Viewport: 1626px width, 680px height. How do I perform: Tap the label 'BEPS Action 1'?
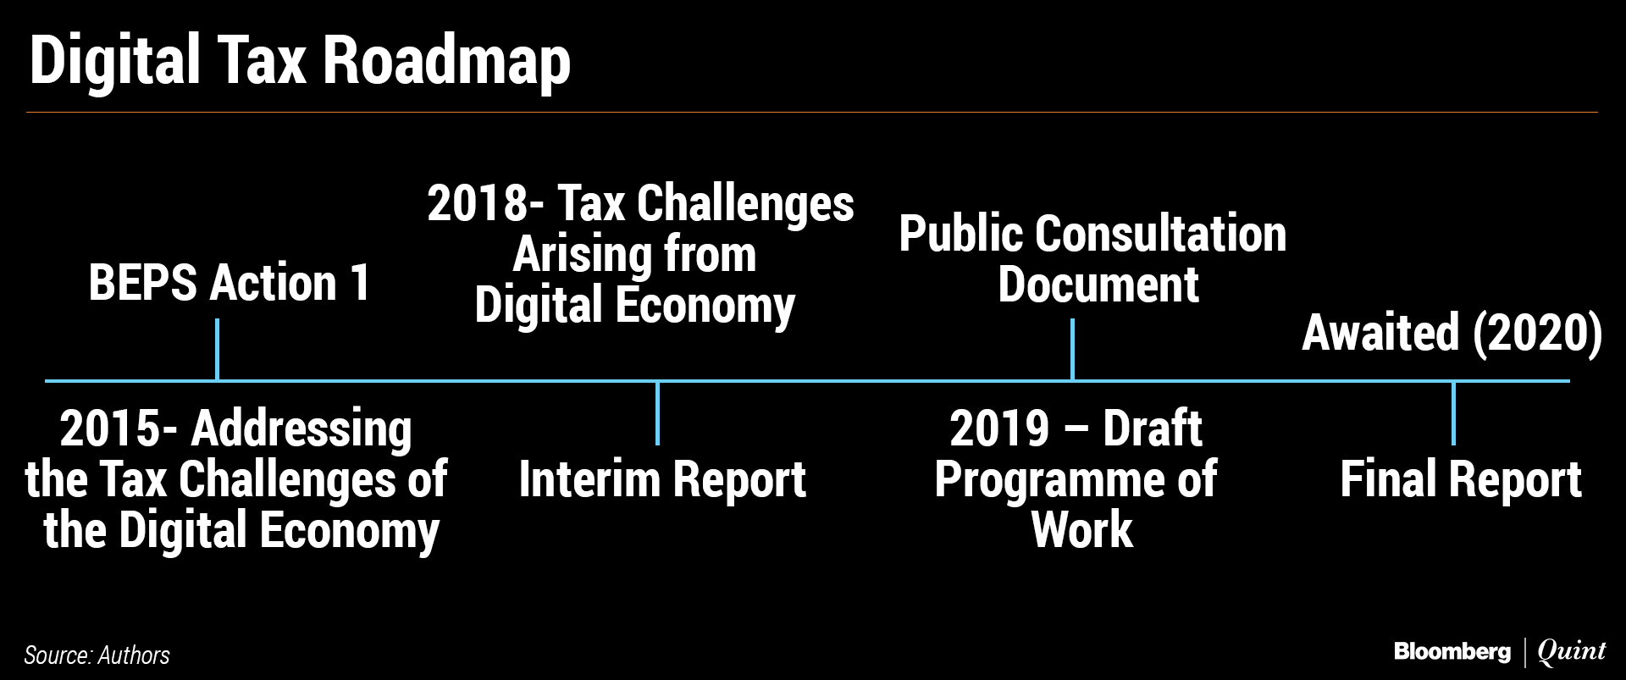tap(230, 283)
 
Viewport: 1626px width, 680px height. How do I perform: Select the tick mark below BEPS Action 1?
tap(218, 349)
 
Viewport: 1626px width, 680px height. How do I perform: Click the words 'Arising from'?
tap(634, 255)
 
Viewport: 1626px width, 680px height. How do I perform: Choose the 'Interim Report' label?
tap(662, 479)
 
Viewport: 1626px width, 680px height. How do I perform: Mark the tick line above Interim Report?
tap(657, 413)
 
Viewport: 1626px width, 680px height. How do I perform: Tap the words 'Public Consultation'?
tap(1092, 235)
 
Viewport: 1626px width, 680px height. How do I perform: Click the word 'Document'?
tap(1098, 285)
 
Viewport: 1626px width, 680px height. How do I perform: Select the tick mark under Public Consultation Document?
tap(1072, 349)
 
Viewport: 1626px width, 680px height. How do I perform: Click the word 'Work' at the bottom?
tap(1081, 530)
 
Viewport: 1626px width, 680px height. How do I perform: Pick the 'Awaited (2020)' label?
tap(1452, 333)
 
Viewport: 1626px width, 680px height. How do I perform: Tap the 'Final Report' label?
tap(1461, 479)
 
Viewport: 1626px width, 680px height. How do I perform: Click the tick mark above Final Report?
tap(1453, 413)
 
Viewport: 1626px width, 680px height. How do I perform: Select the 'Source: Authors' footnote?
tap(97, 655)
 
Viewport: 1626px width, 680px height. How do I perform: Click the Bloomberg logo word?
tap(1452, 651)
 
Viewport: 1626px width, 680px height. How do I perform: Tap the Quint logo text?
tap(1571, 651)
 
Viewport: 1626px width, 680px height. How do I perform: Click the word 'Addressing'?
tap(301, 430)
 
